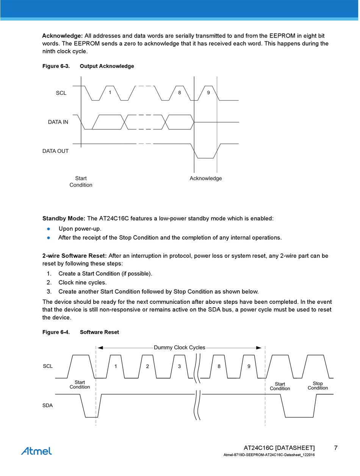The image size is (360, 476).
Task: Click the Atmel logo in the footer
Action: pyautogui.click(x=36, y=451)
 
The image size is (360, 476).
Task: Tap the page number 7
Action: pyautogui.click(x=336, y=448)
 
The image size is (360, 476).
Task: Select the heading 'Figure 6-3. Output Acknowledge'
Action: pyautogui.click(x=88, y=66)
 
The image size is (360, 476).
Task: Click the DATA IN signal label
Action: pyautogui.click(x=58, y=122)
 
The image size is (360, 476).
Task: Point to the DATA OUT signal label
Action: pyautogui.click(x=55, y=151)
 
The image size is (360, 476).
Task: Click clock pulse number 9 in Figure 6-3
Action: pyautogui.click(x=208, y=92)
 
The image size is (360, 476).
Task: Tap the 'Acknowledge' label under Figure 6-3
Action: pyautogui.click(x=206, y=178)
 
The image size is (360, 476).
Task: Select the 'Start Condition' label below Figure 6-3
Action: pyautogui.click(x=81, y=182)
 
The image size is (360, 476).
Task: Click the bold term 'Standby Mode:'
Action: pyautogui.click(x=64, y=218)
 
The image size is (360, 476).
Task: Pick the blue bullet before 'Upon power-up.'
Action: pyautogui.click(x=49, y=229)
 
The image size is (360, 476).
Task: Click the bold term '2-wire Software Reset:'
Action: pyautogui.click(x=74, y=256)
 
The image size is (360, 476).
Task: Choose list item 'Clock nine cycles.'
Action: pyautogui.click(x=83, y=283)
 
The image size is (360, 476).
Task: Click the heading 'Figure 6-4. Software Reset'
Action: pyautogui.click(x=80, y=332)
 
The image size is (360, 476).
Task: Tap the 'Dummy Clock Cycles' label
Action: pyautogui.click(x=179, y=347)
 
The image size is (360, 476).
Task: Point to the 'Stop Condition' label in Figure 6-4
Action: pyautogui.click(x=318, y=386)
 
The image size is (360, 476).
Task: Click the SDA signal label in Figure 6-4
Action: pyautogui.click(x=47, y=405)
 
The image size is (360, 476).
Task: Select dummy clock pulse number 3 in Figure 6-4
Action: pyautogui.click(x=179, y=366)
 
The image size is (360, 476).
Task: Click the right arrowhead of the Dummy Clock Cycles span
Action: pyautogui.click(x=259, y=347)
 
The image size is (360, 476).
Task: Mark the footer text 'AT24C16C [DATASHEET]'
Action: pyautogui.click(x=279, y=448)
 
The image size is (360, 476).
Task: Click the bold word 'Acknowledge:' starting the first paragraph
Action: pyautogui.click(x=62, y=36)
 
